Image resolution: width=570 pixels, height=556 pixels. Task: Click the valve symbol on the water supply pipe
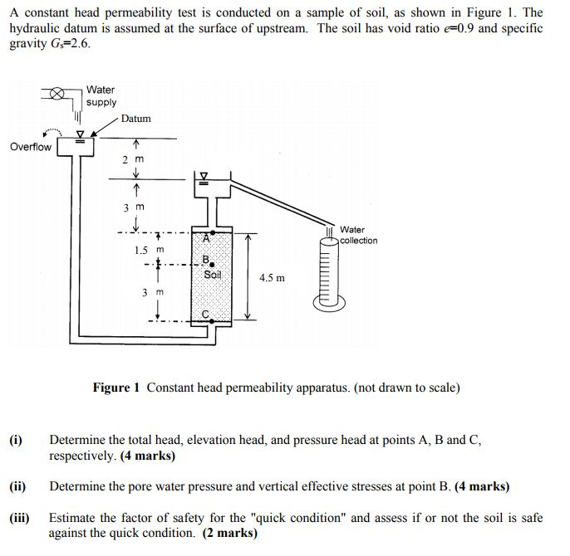click(56, 93)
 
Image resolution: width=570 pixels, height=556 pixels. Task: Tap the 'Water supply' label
click(101, 96)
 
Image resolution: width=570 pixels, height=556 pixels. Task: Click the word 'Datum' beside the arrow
click(136, 119)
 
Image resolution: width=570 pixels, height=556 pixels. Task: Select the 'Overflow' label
click(31, 147)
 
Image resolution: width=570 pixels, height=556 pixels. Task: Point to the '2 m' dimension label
click(134, 159)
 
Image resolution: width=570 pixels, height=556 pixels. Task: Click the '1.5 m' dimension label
click(149, 250)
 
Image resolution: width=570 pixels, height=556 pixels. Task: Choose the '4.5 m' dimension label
click(272, 278)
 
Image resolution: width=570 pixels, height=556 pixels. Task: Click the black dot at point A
click(213, 232)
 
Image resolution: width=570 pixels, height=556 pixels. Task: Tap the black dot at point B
click(212, 265)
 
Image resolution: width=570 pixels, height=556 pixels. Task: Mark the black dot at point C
click(212, 321)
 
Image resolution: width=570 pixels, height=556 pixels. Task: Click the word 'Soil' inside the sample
click(213, 275)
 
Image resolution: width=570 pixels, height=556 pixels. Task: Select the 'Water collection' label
click(358, 235)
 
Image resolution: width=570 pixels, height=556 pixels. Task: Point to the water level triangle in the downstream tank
click(204, 175)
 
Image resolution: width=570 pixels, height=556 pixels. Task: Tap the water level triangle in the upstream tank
click(80, 134)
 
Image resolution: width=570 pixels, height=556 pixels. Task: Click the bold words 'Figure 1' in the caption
click(116, 388)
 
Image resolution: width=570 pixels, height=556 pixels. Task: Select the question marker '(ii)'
click(17, 486)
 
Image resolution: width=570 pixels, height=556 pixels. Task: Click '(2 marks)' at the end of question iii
click(230, 533)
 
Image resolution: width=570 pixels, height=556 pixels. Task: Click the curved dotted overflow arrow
click(52, 133)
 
